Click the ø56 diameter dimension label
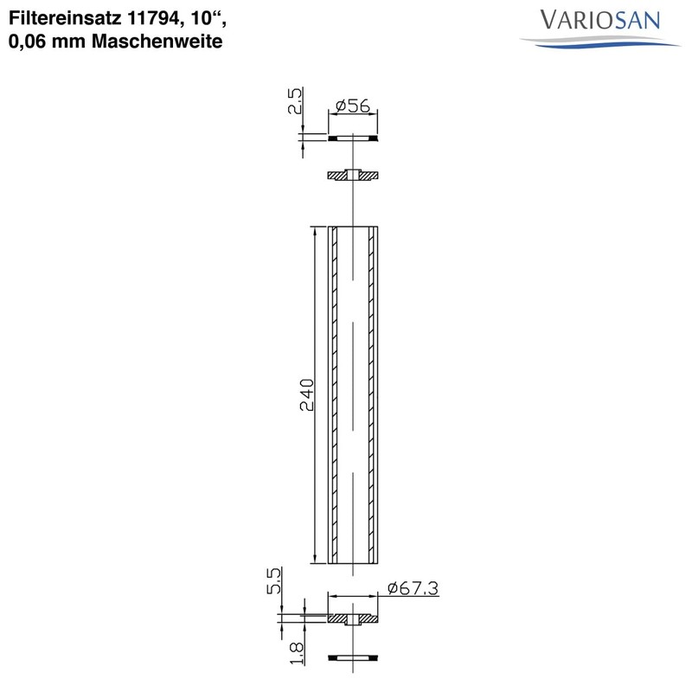[351, 106]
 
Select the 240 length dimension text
[305, 395]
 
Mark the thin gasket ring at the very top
[355, 138]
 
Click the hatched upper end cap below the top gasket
[355, 176]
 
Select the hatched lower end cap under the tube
[355, 619]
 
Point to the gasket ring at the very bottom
[355, 660]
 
